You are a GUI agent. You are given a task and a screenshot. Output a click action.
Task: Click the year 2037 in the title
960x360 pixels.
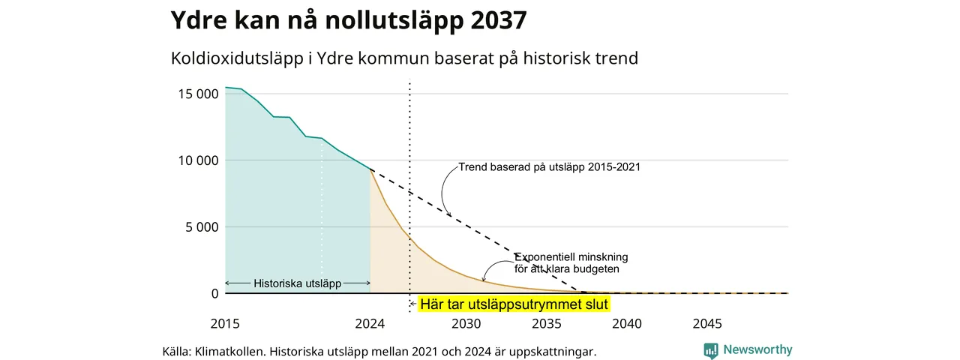tap(499, 19)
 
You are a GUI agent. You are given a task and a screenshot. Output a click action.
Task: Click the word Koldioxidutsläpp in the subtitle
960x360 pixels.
tap(237, 58)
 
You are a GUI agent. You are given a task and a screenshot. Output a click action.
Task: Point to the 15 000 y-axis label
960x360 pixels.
tap(199, 94)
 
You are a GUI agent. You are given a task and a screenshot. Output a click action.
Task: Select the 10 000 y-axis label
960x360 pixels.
tap(199, 160)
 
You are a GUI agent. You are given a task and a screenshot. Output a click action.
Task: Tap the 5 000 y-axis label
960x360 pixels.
tap(202, 227)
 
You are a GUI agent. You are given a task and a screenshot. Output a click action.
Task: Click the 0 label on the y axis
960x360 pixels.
tap(215, 293)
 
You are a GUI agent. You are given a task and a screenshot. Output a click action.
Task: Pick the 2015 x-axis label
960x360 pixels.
tap(225, 323)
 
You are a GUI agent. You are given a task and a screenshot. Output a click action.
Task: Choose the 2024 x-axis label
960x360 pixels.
tap(370, 323)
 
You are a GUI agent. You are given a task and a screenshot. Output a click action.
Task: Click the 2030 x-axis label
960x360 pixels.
tap(466, 323)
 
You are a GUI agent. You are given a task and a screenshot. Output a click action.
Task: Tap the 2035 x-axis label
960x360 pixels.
tap(547, 323)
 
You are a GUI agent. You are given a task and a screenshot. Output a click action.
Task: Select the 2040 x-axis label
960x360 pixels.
tap(627, 323)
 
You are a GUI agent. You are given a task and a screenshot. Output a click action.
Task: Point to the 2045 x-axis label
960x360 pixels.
tap(707, 323)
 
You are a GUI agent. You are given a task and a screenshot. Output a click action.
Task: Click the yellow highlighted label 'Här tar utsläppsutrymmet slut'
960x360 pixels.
tap(514, 304)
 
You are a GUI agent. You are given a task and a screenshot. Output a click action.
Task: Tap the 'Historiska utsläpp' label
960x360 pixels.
tap(298, 283)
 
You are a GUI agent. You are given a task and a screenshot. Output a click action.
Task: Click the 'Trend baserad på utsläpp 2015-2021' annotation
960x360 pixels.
tap(550, 166)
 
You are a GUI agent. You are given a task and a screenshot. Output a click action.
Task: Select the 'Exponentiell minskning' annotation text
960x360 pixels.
tap(571, 257)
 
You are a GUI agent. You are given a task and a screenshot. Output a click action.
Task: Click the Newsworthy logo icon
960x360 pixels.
tap(711, 350)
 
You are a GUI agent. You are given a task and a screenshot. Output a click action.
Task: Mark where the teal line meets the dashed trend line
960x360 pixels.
tap(370, 169)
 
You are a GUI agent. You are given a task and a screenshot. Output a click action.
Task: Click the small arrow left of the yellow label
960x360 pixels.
tap(413, 304)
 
